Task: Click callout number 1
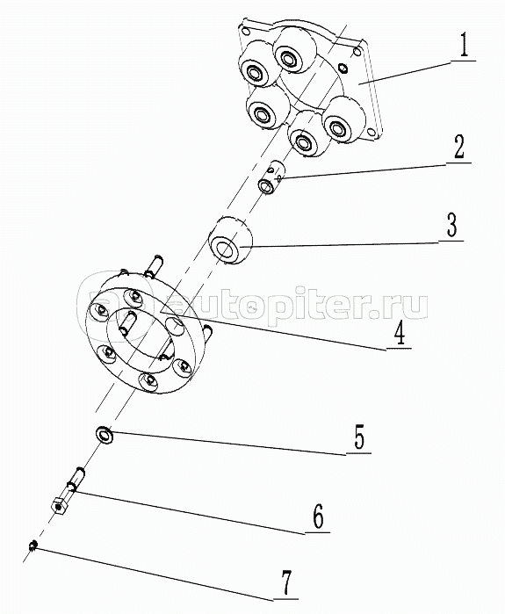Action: click(463, 46)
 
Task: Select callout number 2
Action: click(458, 148)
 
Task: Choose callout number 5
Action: click(359, 437)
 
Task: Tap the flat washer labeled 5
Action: click(105, 435)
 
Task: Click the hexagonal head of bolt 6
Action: click(59, 507)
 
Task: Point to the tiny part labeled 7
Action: click(33, 545)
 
